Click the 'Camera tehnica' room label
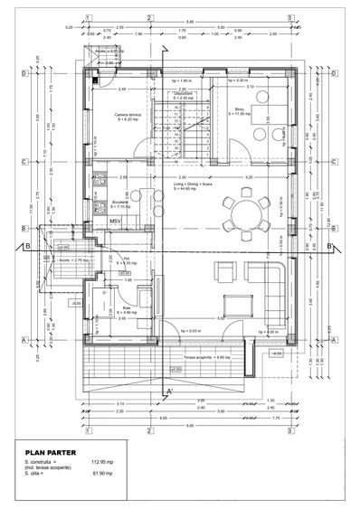(126, 118)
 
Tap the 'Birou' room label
(239, 111)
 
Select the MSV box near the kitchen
(117, 221)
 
